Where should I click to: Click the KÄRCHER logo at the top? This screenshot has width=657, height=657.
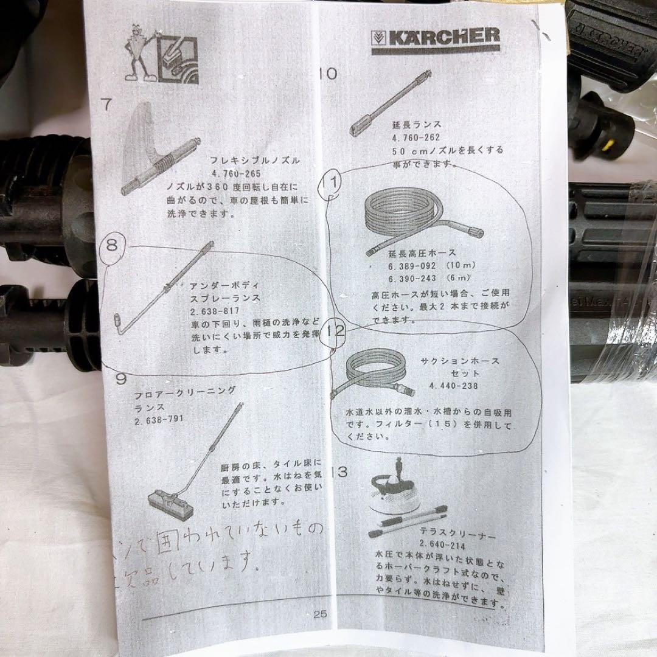435,38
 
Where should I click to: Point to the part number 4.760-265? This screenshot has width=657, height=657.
235,173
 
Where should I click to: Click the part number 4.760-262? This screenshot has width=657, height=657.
416,138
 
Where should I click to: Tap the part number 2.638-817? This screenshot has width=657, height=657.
215,310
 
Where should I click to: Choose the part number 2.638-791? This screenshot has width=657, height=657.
159,419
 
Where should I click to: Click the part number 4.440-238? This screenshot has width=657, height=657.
453,386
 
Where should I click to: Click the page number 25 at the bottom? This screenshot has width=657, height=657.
321,614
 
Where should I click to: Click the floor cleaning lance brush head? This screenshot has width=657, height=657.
168,502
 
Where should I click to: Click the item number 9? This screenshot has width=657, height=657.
121,380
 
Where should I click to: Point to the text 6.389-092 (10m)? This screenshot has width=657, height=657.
423,265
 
